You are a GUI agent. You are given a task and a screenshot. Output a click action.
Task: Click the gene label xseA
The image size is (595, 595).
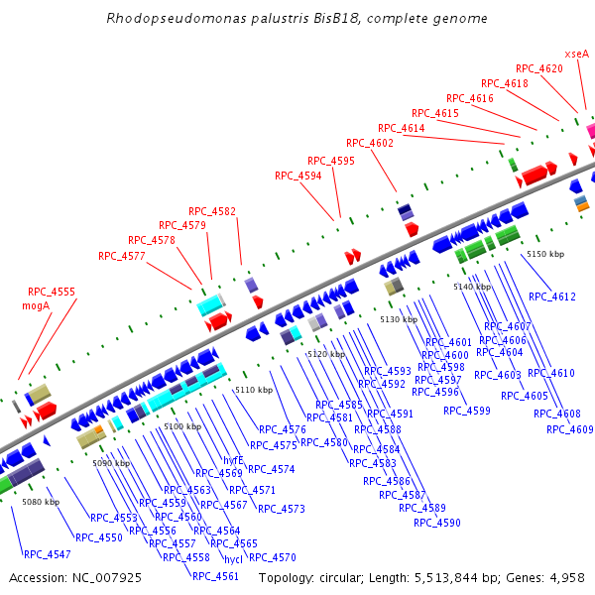(576, 54)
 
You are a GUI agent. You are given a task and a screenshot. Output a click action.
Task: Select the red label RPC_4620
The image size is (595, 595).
(538, 68)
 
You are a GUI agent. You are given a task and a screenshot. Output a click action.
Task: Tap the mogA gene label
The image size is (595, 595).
(36, 306)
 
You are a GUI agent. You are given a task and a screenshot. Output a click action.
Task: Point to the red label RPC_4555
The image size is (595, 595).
(52, 293)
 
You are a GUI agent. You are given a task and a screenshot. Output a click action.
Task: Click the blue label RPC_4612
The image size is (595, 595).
(552, 297)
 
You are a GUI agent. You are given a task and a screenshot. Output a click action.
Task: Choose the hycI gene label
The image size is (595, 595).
(233, 559)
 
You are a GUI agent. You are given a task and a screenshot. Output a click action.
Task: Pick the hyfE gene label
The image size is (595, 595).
(233, 460)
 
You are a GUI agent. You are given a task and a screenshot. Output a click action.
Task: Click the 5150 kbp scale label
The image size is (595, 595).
(545, 255)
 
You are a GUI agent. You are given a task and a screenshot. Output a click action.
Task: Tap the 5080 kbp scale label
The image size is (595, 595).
(41, 503)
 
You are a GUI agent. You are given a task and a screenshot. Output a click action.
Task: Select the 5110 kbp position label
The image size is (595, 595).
(254, 391)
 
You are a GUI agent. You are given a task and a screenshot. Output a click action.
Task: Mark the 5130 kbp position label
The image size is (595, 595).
(399, 319)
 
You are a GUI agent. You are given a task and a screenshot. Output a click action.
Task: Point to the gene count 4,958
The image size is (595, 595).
(566, 577)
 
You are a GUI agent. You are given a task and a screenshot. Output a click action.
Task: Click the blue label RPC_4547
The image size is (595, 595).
(48, 554)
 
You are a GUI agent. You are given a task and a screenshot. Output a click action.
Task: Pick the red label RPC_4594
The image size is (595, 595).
(298, 176)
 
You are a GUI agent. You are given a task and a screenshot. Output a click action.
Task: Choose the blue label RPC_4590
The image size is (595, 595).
(437, 523)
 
